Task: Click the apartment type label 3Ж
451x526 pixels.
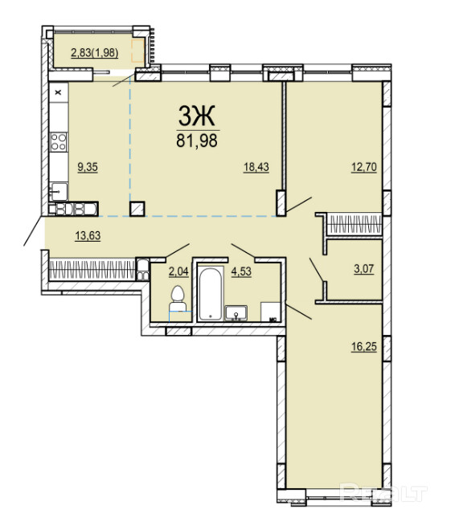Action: (196, 116)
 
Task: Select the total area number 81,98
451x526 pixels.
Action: (197, 141)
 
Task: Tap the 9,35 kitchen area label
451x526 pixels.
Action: (88, 167)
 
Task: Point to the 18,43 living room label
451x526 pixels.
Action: (256, 167)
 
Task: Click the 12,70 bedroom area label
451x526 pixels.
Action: (364, 167)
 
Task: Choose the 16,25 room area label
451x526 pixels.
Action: (364, 347)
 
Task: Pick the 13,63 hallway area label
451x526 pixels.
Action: (88, 235)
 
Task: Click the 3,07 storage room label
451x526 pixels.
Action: (364, 269)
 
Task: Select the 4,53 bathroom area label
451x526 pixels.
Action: (241, 271)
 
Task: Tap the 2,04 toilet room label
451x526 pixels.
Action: (178, 271)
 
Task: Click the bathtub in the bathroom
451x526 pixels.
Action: (211, 293)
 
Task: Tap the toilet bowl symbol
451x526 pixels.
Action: (178, 300)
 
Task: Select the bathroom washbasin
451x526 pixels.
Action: (236, 312)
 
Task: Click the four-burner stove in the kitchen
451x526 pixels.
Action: (59, 141)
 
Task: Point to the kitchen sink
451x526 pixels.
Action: (59, 192)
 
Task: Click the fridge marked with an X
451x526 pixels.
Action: (59, 92)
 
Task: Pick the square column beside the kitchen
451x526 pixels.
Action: (137, 209)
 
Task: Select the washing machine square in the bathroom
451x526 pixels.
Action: (271, 312)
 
